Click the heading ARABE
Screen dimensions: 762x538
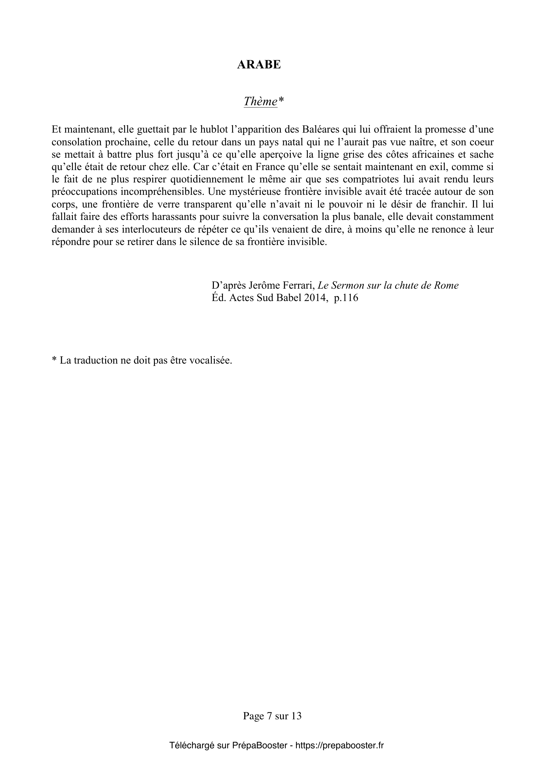click(258, 65)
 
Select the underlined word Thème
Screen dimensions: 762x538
click(260, 101)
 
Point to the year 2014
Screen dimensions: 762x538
click(313, 298)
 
